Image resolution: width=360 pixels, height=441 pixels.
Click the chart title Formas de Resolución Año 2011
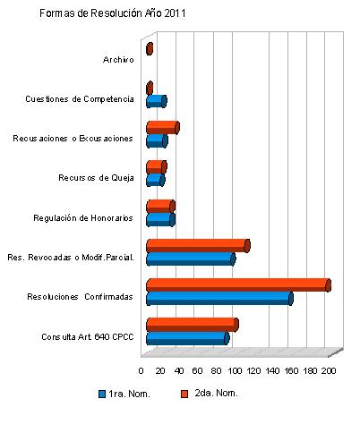click(113, 13)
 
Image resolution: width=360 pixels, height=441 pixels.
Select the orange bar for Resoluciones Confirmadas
click(238, 285)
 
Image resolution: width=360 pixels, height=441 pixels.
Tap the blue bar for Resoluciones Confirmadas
click(219, 299)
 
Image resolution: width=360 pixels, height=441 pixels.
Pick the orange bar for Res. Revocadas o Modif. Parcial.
click(198, 246)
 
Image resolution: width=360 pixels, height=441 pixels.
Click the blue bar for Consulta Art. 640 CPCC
click(188, 338)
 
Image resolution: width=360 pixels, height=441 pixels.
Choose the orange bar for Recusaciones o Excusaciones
click(163, 128)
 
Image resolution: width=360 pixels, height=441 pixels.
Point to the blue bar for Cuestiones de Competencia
click(157, 101)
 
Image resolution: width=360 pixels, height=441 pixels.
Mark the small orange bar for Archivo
click(150, 48)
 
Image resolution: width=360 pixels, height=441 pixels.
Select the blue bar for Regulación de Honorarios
click(160, 220)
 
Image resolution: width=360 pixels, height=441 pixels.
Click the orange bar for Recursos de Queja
click(157, 167)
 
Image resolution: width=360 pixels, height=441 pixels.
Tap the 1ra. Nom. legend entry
click(124, 394)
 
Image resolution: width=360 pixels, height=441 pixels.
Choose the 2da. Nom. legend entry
click(210, 394)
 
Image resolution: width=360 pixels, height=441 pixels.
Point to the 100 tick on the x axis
click(235, 371)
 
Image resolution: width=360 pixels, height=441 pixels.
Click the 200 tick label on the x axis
click(329, 371)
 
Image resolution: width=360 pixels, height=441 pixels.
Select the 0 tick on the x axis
click(141, 371)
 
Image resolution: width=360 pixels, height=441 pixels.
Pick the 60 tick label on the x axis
click(197, 371)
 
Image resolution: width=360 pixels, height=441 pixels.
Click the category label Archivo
click(118, 60)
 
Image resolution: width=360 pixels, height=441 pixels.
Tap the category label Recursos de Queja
click(96, 178)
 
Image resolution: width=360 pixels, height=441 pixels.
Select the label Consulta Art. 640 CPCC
click(88, 337)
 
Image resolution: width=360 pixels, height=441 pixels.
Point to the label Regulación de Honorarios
click(83, 218)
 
